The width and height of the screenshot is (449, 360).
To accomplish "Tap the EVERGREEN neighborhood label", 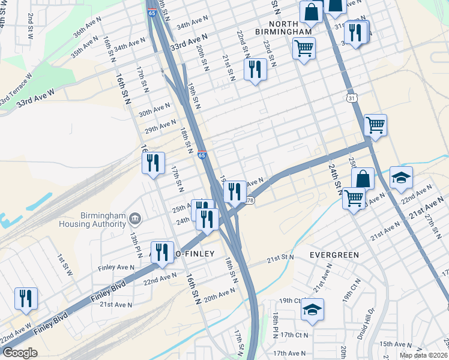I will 334,254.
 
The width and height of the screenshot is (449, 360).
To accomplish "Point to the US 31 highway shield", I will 351,98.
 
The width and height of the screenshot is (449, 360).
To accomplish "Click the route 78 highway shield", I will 250,200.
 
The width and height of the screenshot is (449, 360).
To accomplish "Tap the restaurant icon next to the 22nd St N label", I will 255,70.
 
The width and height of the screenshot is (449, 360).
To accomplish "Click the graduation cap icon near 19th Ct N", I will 312,310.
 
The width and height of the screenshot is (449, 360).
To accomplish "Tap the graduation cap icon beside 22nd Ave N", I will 401,178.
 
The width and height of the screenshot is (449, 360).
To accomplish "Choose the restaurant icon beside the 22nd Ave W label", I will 26,298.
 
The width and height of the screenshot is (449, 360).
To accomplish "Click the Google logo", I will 20,353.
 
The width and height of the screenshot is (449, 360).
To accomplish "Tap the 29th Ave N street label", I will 158,128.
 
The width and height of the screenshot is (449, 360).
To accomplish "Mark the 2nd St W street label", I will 29,25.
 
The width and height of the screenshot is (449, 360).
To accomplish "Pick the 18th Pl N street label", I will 276,325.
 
